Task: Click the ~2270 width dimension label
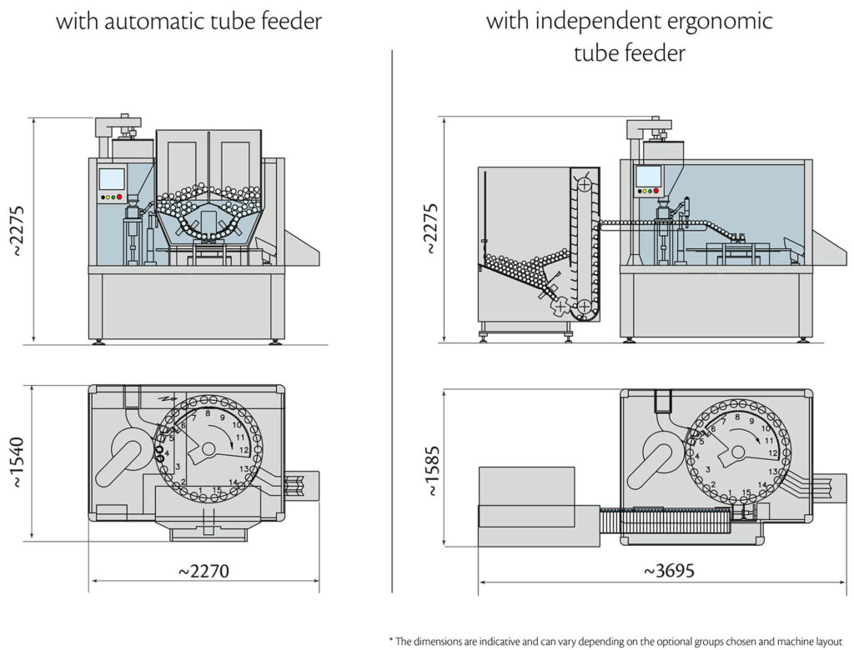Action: (203, 571)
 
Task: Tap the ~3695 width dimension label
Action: (669, 571)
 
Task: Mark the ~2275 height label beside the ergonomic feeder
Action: (430, 227)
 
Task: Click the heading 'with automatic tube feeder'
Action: (188, 21)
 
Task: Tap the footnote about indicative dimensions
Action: (616, 640)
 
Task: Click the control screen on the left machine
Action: (111, 178)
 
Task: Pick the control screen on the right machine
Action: (646, 176)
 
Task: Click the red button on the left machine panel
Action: (119, 197)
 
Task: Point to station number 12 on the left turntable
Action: (244, 450)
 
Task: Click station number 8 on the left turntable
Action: (208, 413)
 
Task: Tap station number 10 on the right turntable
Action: (766, 428)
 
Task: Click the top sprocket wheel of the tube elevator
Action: (585, 183)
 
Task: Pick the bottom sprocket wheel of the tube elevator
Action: (586, 307)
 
